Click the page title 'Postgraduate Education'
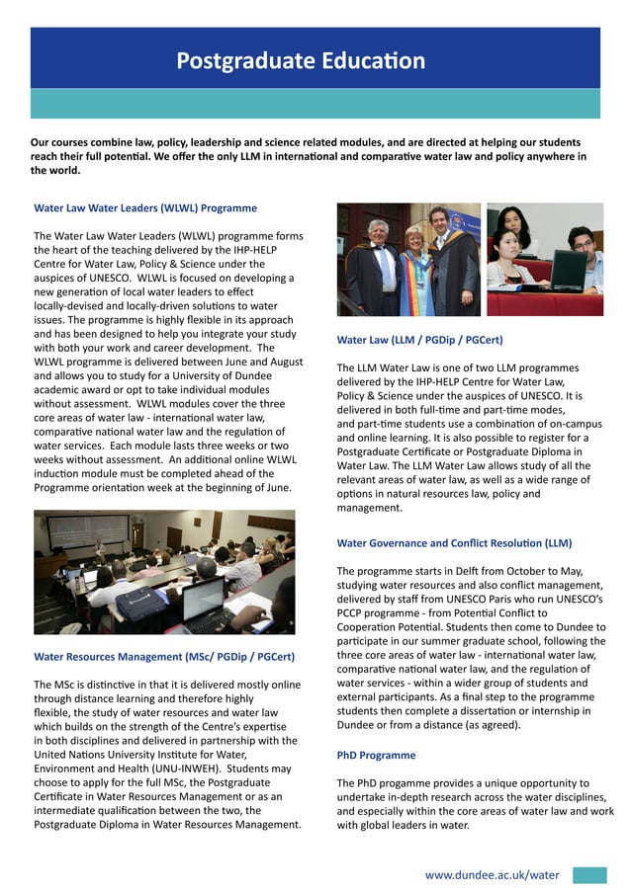tap(301, 61)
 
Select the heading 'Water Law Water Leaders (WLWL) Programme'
tap(145, 208)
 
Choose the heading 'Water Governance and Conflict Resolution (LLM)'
tap(454, 543)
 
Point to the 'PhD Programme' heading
tap(376, 756)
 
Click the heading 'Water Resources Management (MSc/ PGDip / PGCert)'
tap(163, 657)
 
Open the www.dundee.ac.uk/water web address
tap(492, 874)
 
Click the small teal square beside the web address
tap(589, 874)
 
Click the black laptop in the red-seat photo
tap(567, 271)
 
